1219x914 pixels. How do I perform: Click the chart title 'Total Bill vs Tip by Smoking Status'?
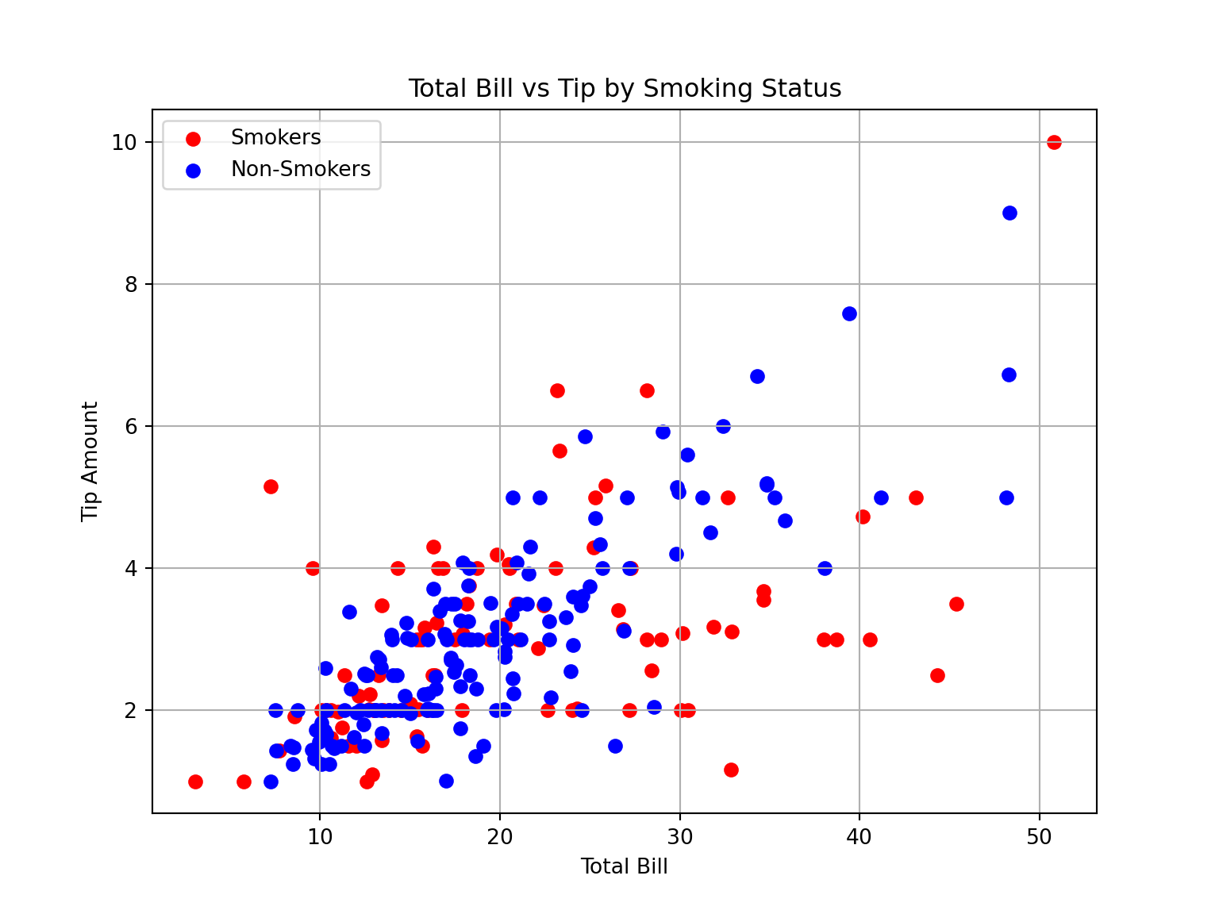625,88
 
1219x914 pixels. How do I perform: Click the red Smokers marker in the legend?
192,139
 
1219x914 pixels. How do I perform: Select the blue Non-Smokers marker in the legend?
192,170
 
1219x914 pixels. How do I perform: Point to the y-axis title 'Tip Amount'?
90,461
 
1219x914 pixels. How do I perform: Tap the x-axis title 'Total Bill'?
624,866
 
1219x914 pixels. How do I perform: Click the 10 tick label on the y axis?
125,143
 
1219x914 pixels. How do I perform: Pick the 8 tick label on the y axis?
130,285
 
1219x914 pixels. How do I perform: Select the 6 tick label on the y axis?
130,427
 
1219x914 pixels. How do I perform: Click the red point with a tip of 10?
1054,142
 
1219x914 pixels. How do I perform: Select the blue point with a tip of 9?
1009,213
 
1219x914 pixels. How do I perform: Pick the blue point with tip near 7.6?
849,313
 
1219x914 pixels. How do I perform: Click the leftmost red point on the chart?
195,782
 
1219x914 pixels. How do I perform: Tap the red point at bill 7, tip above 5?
271,486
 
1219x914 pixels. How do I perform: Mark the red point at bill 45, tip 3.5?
956,604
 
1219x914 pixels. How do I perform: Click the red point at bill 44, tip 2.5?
937,675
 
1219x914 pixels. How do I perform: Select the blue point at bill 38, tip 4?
825,568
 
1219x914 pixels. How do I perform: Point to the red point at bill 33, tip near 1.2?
731,770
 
